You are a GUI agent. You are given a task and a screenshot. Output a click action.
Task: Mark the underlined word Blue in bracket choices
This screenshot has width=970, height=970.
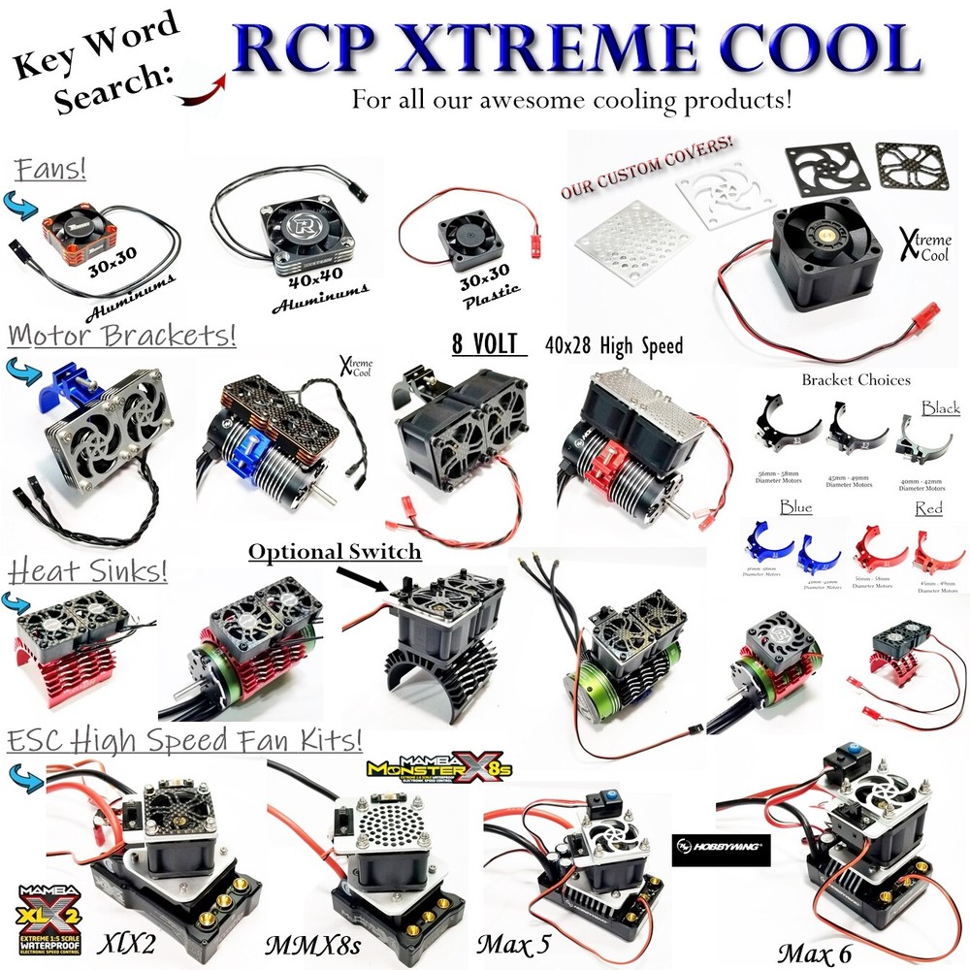(x=795, y=507)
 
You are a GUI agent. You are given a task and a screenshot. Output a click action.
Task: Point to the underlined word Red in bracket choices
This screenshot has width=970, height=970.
(x=927, y=508)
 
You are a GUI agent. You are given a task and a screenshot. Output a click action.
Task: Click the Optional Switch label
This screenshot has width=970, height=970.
(x=334, y=552)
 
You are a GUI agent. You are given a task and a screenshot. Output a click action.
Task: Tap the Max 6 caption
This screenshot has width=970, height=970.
(x=820, y=954)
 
